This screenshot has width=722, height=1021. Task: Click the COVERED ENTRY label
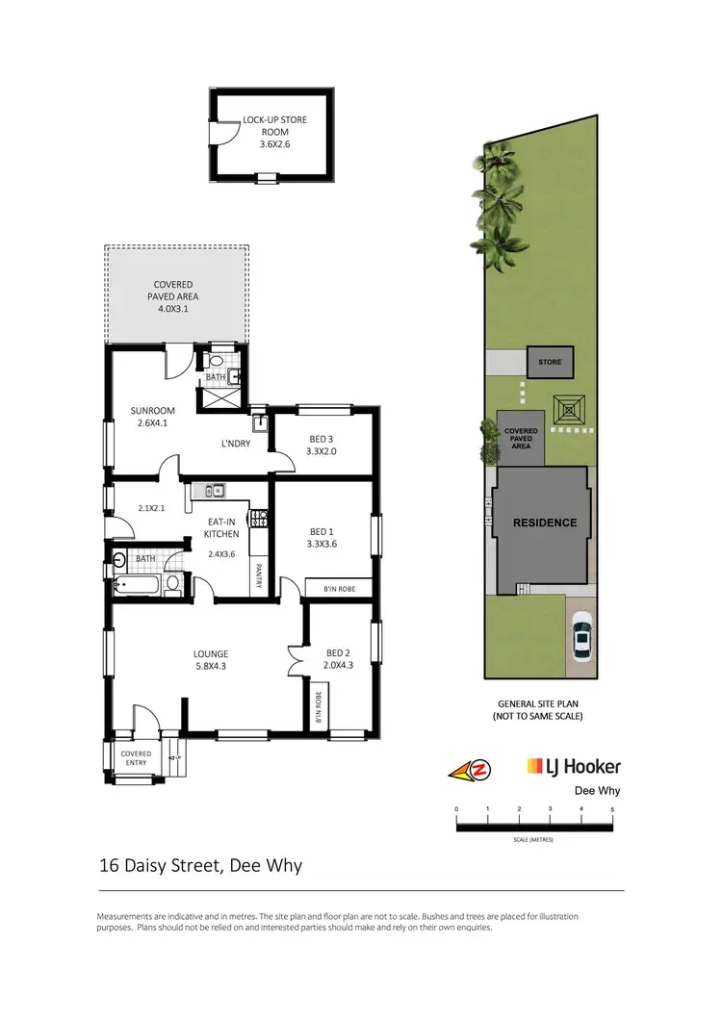134,758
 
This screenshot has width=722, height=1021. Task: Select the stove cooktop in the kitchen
258,519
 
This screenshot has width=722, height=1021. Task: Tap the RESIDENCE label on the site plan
544,523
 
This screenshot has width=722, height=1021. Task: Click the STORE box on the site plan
550,364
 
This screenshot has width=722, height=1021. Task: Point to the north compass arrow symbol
473,768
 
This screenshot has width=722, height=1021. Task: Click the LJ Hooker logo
574,767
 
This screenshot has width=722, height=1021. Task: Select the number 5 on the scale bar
612,809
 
